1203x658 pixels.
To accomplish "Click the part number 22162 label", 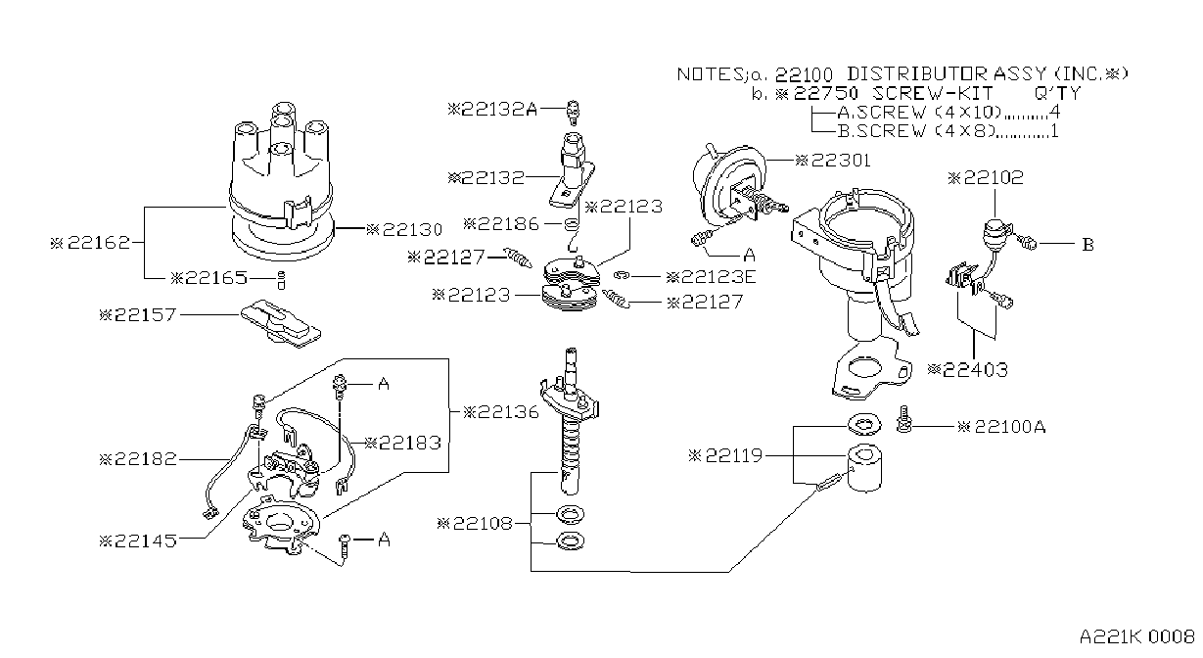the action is tap(90, 243).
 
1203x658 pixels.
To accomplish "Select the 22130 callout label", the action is tap(404, 230).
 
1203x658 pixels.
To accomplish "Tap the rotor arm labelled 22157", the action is tap(280, 323).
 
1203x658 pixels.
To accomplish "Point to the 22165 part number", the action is tap(208, 278).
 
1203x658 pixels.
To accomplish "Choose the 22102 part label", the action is tap(986, 178).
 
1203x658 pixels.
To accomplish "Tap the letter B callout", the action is tap(1087, 245).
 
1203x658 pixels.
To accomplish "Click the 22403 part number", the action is tap(968, 369).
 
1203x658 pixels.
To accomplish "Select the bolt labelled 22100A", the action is tap(903, 419).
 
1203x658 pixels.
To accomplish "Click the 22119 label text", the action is tap(725, 456).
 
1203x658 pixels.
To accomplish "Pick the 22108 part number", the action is tap(475, 523).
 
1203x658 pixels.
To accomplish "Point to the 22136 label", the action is tap(501, 412).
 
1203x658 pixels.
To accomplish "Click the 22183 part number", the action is tap(402, 443).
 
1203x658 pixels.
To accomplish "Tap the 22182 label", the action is tap(138, 459).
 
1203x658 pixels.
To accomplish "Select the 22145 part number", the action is tap(138, 540).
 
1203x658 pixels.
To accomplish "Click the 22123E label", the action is tap(711, 277).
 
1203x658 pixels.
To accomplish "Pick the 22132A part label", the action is tap(492, 110).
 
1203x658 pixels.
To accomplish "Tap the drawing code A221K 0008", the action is tap(1137, 637).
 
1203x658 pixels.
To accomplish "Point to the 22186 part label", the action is tap(501, 224).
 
